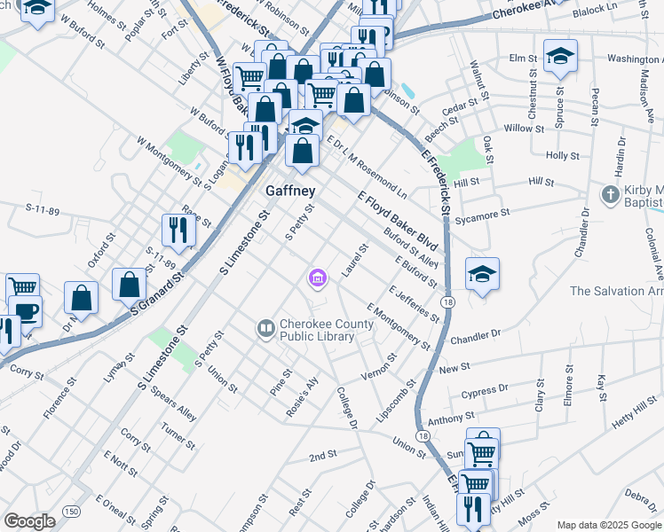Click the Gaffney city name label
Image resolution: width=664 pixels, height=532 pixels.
291,192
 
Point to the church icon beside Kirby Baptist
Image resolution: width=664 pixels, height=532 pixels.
610,194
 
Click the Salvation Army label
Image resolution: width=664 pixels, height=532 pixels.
616,291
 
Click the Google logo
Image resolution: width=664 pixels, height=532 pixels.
29,521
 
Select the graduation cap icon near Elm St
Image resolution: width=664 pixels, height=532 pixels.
560,58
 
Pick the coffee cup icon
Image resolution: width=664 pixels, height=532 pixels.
25,312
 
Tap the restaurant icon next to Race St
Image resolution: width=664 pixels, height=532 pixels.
178,231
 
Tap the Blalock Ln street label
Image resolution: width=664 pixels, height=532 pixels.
594,9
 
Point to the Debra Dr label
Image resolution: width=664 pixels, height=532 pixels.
640,494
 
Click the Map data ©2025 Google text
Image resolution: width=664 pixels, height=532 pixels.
608,525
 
